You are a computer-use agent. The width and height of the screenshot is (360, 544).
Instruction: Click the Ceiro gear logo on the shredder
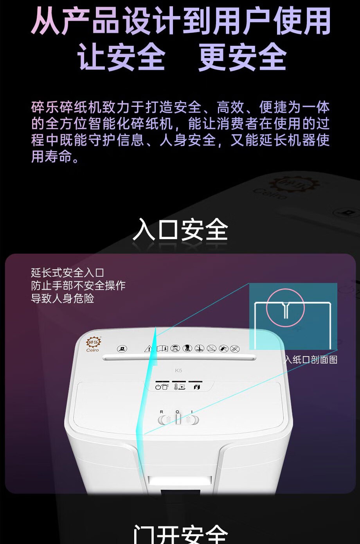(93, 342)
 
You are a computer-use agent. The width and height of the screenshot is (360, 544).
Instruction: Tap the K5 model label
(178, 370)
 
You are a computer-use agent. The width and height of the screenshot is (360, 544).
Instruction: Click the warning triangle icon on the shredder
(148, 348)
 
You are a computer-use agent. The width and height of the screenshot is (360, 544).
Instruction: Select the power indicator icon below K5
(162, 387)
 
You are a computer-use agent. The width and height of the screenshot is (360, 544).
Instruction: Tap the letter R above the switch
(162, 412)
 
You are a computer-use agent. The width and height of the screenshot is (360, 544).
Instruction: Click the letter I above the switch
(192, 412)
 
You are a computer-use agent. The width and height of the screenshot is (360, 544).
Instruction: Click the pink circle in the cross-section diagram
(285, 308)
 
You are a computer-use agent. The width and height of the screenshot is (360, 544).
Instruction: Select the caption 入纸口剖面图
(311, 360)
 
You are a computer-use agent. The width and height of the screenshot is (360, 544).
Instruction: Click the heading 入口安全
(180, 230)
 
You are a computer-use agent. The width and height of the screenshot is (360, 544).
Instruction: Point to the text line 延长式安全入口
(67, 272)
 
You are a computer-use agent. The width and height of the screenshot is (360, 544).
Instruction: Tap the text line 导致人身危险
(63, 299)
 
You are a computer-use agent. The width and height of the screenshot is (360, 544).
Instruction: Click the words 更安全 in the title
(243, 57)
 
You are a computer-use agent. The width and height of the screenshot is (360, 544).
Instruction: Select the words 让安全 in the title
(121, 57)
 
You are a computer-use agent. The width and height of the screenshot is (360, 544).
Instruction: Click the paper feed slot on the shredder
(179, 357)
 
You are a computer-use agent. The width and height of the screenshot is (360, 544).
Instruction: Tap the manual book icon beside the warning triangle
(162, 348)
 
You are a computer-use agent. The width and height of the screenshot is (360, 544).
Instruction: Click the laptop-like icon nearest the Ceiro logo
(122, 348)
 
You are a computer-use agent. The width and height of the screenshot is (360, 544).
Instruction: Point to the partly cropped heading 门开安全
(180, 534)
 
